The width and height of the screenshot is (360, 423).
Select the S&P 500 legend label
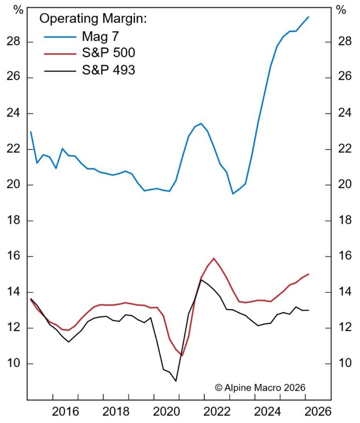click(x=109, y=53)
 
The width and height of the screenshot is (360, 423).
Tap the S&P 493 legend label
click(x=109, y=69)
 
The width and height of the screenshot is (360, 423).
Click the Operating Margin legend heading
click(x=94, y=19)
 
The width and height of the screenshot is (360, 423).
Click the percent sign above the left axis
click(x=19, y=9)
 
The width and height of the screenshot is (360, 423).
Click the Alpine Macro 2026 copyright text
click(x=260, y=387)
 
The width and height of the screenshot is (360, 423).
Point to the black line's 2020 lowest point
click(x=176, y=381)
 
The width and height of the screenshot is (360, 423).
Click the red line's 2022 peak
click(x=214, y=258)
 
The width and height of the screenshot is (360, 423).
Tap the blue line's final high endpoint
click(x=309, y=17)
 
